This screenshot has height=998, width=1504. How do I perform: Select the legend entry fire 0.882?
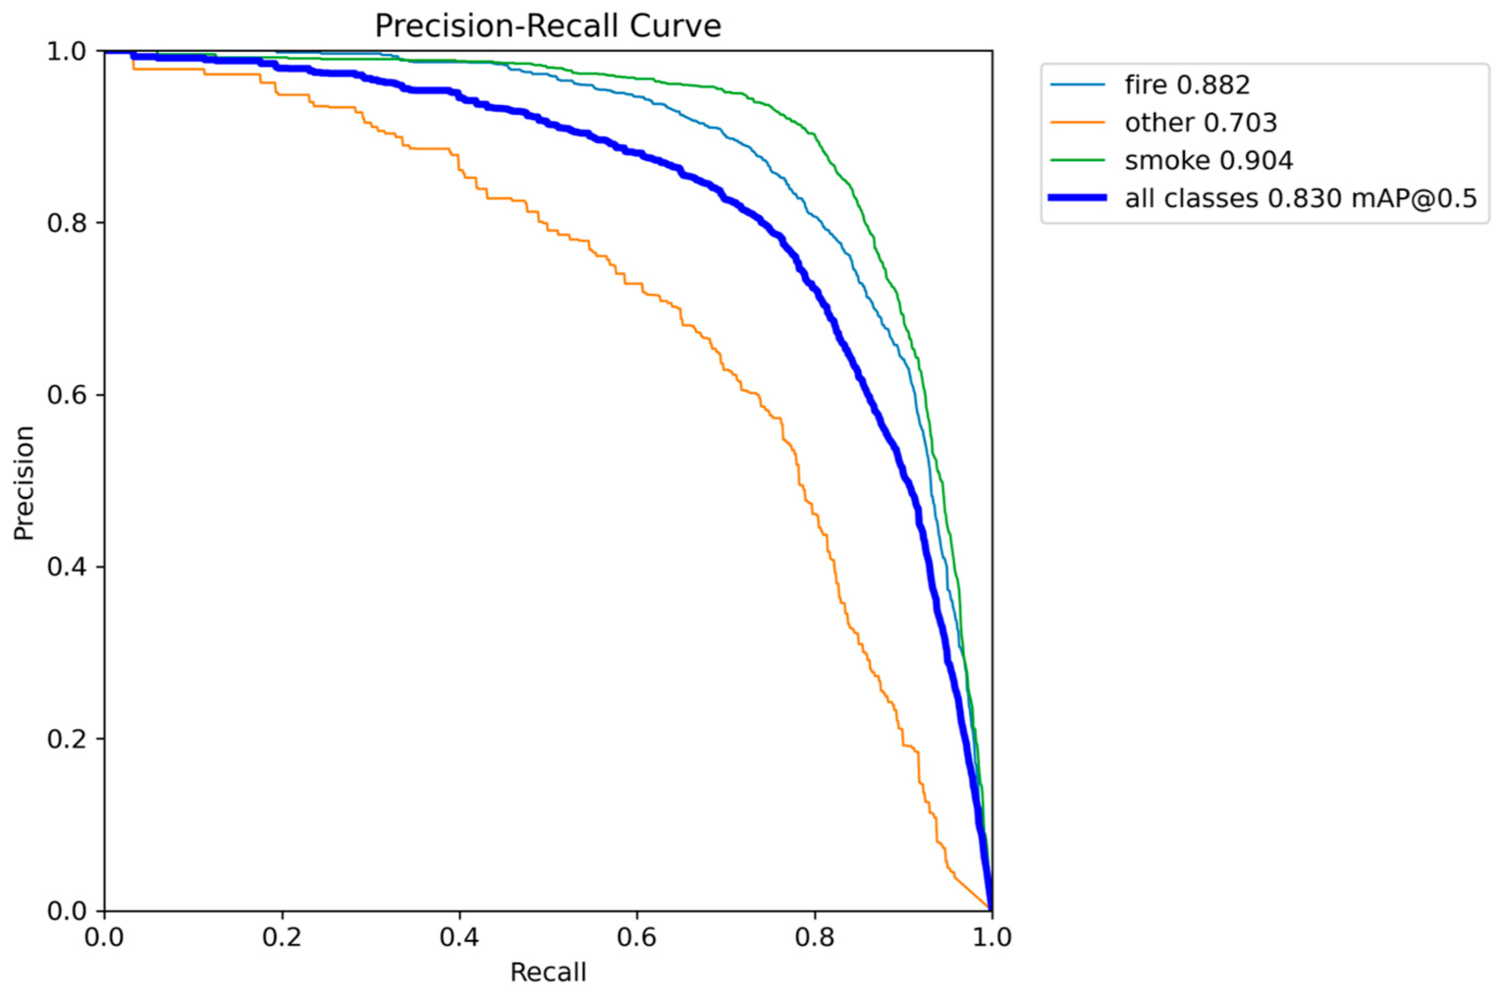1187,84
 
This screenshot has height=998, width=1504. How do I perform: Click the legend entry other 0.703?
1200,123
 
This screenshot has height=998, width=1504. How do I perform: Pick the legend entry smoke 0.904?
1208,161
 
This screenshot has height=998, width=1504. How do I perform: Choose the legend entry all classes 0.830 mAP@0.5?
1300,198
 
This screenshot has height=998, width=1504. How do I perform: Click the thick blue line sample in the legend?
1077,198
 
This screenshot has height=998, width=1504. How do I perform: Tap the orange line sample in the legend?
1077,123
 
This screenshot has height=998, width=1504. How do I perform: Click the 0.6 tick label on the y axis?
66,395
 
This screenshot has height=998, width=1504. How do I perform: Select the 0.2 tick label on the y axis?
66,739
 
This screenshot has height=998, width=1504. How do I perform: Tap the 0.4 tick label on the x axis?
459,938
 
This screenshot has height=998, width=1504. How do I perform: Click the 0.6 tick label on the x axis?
637,938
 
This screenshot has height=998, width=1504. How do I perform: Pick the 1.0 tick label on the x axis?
991,938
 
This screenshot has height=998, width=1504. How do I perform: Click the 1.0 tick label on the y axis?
66,52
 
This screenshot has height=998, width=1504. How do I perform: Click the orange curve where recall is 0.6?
637,283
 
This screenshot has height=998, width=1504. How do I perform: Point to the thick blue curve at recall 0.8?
814,289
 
